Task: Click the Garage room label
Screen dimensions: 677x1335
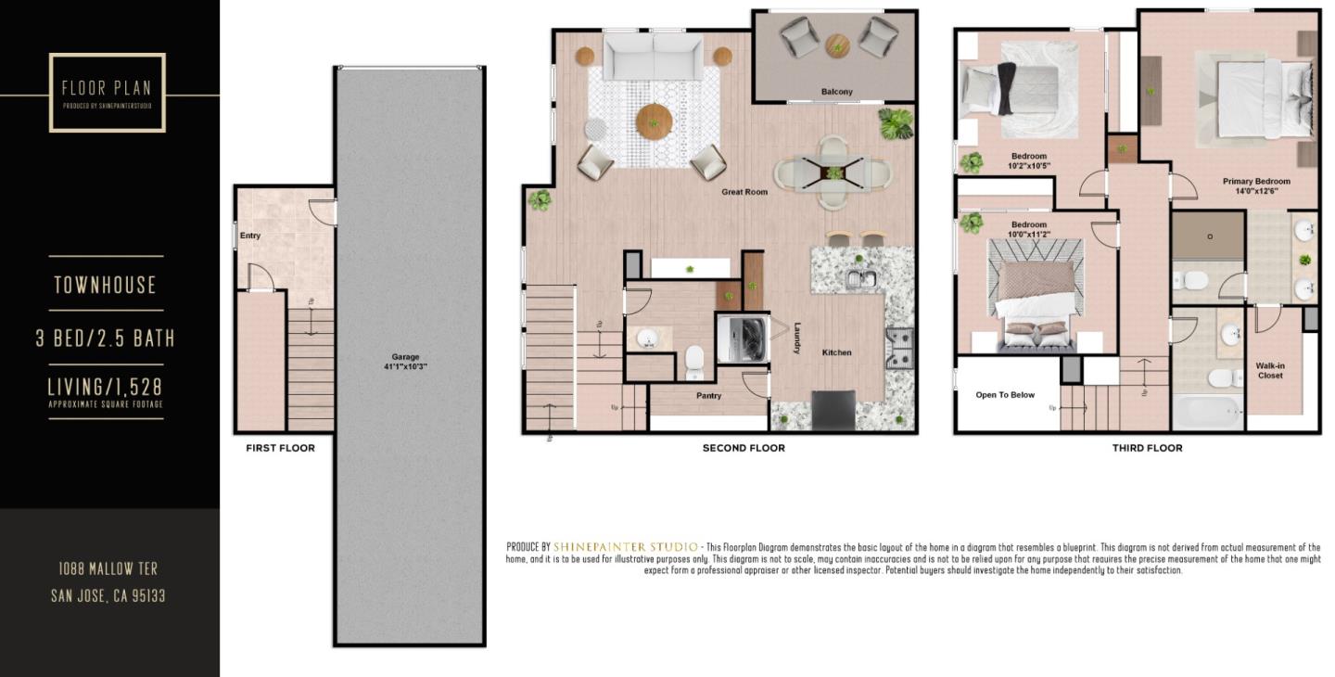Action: [405, 357]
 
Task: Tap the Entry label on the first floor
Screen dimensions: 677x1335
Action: [250, 236]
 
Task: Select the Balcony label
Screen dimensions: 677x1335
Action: [836, 92]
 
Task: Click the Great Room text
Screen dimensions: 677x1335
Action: [744, 192]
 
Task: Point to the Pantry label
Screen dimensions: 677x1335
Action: [708, 396]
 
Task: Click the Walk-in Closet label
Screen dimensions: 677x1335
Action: [1270, 371]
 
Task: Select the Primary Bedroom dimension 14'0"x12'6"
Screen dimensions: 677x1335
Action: [1256, 191]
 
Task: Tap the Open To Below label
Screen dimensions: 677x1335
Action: [1005, 395]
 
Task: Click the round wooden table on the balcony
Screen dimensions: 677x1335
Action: [837, 44]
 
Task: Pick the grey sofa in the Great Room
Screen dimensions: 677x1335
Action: [654, 57]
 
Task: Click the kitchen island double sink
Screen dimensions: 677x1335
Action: [862, 277]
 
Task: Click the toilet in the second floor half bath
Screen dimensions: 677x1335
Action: [694, 362]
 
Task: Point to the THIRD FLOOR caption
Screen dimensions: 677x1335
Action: [1147, 448]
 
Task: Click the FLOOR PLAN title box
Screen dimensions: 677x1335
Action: [107, 92]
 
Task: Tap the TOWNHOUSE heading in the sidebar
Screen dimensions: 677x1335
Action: [105, 285]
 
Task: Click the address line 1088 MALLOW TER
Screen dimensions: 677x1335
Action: [108, 568]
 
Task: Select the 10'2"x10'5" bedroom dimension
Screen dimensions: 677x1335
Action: [1028, 167]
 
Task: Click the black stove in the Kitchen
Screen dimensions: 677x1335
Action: [833, 409]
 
